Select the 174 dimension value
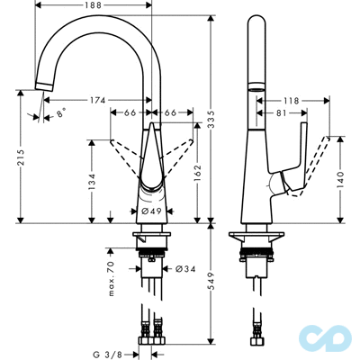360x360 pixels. click(101, 100)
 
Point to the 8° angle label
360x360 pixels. click(60, 115)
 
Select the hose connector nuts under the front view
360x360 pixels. click(149, 341)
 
